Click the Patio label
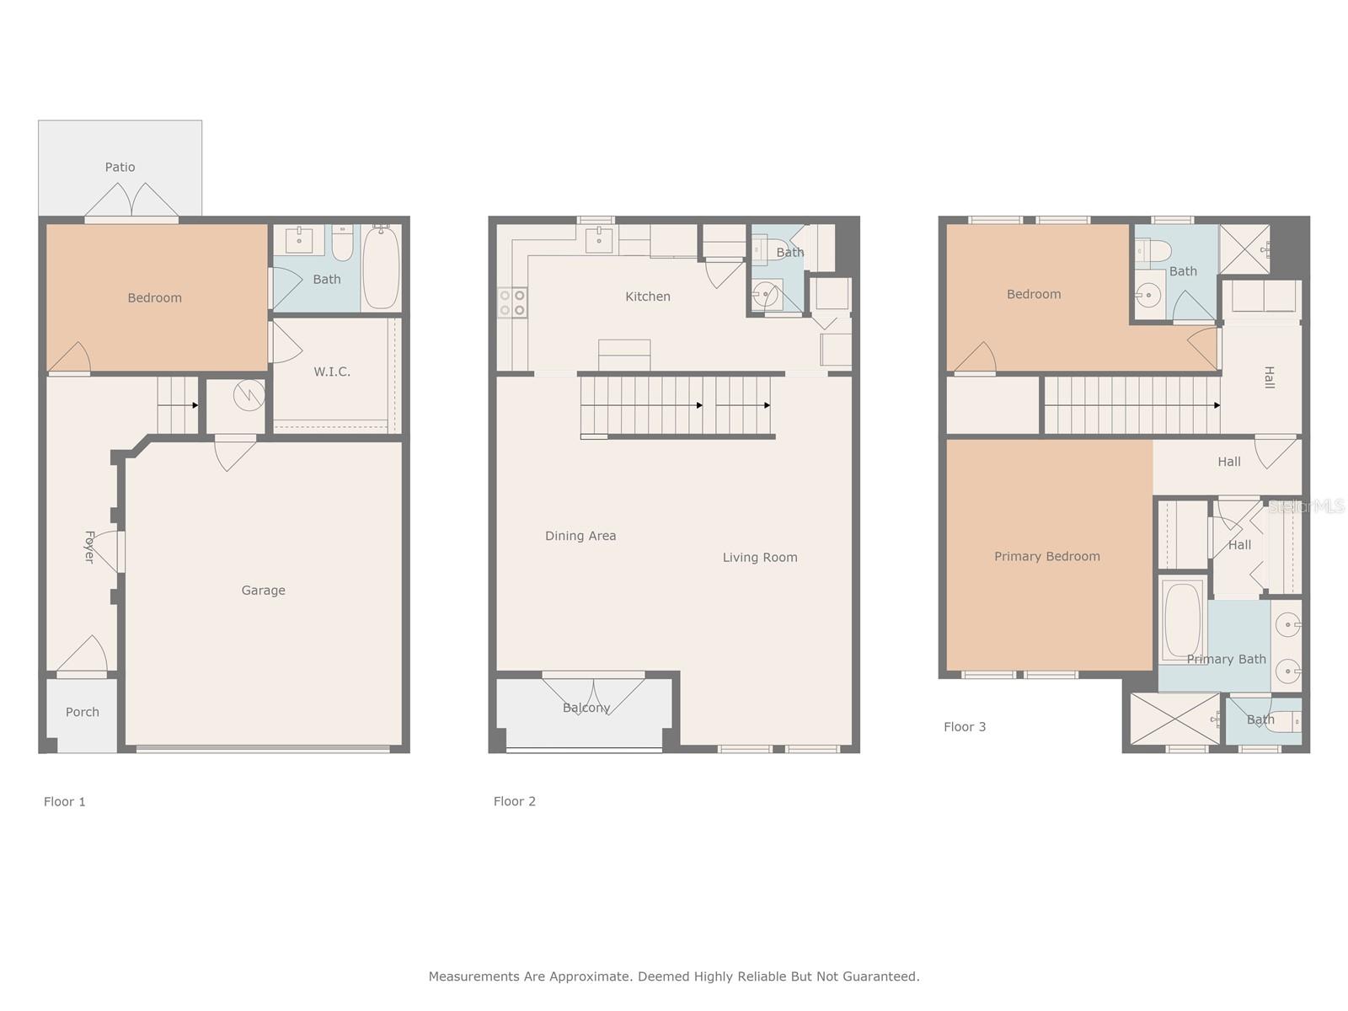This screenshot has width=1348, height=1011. [x=120, y=167]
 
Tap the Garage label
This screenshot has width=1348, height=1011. [x=263, y=591]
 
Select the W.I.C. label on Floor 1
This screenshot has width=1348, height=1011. [x=332, y=372]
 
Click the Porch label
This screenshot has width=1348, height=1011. [x=83, y=712]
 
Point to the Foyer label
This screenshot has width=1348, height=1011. [x=89, y=547]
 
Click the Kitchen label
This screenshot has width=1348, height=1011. [x=647, y=297]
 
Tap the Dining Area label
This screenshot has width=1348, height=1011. [x=580, y=536]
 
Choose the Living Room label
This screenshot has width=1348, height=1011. [x=760, y=558]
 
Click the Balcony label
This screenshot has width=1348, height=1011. [x=586, y=708]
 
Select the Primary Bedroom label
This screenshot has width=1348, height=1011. [x=1047, y=556]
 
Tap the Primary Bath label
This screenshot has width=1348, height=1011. [x=1226, y=660]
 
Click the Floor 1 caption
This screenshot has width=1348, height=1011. [x=65, y=802]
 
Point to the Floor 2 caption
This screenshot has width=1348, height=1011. [x=515, y=801]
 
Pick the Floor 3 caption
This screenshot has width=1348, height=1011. [x=965, y=727]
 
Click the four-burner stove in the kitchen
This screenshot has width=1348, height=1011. [x=512, y=302]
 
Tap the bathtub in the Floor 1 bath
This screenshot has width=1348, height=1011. [x=381, y=268]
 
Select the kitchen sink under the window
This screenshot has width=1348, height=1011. [x=599, y=239]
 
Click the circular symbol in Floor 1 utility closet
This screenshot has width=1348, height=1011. [x=249, y=394]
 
